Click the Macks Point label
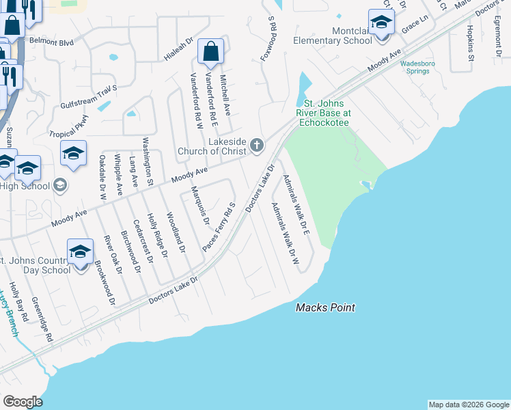coord(325,307)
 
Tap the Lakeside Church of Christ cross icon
coord(257,144)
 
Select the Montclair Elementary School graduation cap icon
coord(381,22)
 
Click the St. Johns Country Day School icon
coord(81,252)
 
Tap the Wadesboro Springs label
coord(417,66)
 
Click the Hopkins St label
coord(471,43)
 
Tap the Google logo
coord(23,401)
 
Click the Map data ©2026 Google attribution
coord(468,405)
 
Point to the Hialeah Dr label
coord(179,47)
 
